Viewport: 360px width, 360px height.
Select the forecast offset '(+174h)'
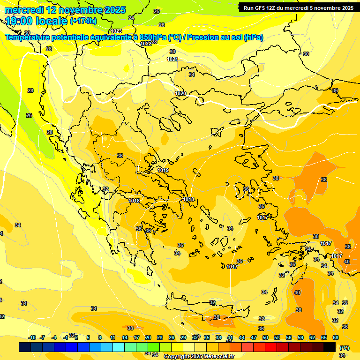(x=83, y=21)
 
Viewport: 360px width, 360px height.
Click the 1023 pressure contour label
(x=116, y=31)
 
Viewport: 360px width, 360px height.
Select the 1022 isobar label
(x=146, y=44)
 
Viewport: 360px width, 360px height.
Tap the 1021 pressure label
(x=172, y=59)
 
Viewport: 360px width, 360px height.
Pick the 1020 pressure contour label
(x=180, y=93)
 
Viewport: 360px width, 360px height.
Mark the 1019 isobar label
(x=163, y=170)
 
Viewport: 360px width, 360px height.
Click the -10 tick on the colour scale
(x=32, y=337)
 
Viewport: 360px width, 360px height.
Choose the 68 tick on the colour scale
(x=336, y=337)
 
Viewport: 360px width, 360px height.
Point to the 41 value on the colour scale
(x=230, y=337)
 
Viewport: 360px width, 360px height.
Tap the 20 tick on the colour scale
(x=148, y=337)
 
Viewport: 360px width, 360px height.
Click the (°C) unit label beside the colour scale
(x=344, y=348)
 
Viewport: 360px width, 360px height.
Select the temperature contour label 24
(x=131, y=18)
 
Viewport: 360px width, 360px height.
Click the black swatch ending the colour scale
(x=330, y=347)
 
